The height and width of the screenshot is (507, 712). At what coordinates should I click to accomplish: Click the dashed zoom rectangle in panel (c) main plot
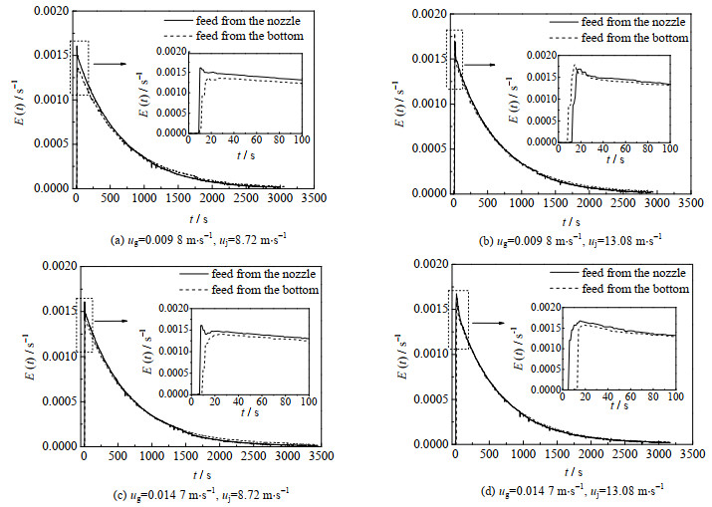(84, 325)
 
